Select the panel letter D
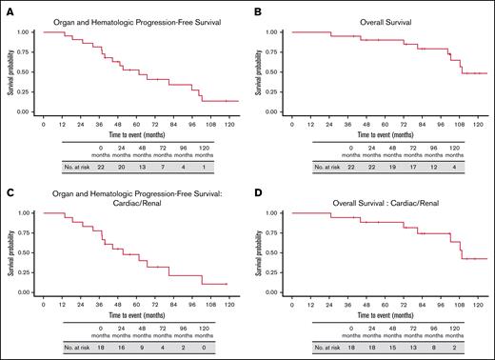tap(257, 190)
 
